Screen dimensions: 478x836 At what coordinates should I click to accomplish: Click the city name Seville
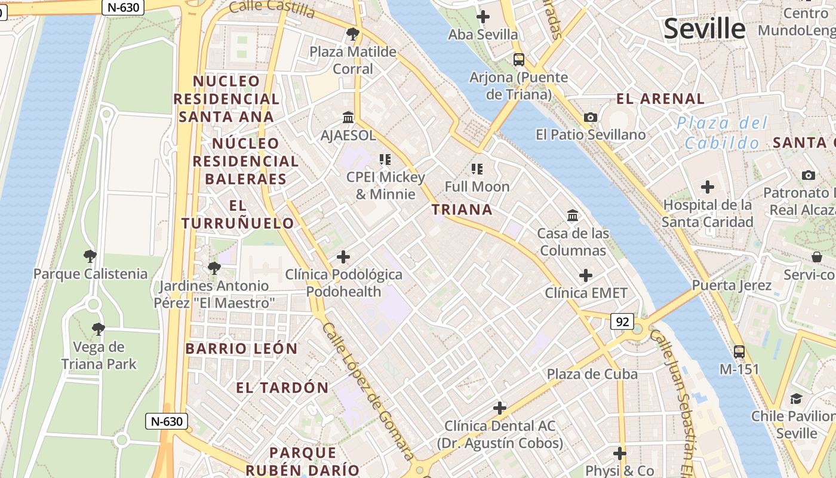(x=705, y=29)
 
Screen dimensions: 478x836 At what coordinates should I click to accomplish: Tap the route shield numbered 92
(x=622, y=322)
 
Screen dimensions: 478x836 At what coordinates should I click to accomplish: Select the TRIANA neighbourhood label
(x=462, y=210)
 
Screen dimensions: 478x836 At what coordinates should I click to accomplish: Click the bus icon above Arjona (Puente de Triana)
(x=518, y=59)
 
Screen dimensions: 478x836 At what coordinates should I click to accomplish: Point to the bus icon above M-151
(x=739, y=351)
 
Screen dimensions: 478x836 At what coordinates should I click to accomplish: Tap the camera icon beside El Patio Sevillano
(x=591, y=117)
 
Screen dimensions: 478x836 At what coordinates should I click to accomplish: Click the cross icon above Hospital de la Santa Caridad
(x=708, y=188)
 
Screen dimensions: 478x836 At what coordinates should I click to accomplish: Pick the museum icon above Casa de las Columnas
(x=573, y=215)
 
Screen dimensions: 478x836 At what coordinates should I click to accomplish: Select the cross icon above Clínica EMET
(x=586, y=275)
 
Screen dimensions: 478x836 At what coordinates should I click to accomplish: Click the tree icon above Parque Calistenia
(x=90, y=256)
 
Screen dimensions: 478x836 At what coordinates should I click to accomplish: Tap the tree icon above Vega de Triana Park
(x=98, y=329)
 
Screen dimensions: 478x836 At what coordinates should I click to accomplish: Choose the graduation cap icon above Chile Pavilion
(x=796, y=399)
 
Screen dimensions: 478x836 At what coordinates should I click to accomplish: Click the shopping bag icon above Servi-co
(x=817, y=257)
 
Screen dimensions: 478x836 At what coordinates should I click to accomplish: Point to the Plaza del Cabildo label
(x=722, y=133)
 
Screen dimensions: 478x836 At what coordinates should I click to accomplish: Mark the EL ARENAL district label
(x=660, y=99)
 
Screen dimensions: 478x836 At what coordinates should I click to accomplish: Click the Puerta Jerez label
(x=732, y=286)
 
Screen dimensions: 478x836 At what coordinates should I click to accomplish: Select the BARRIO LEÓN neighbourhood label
(x=241, y=348)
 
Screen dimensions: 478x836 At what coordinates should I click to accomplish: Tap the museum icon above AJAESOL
(x=348, y=117)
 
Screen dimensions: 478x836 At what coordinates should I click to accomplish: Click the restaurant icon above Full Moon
(x=477, y=168)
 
